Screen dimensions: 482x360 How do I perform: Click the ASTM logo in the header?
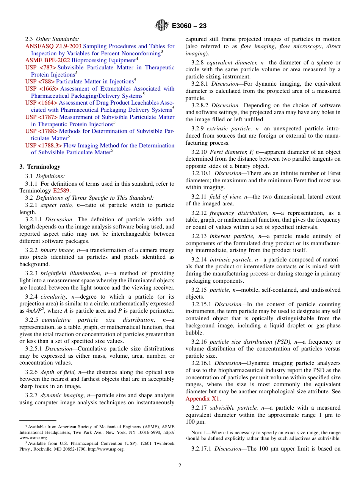pos(162,26)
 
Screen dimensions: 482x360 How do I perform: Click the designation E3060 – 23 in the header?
pos(189,26)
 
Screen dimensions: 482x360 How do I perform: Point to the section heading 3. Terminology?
pos(40,167)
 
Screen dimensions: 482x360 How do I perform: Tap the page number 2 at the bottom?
pos(180,466)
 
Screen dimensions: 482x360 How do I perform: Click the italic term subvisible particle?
pos(234,408)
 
